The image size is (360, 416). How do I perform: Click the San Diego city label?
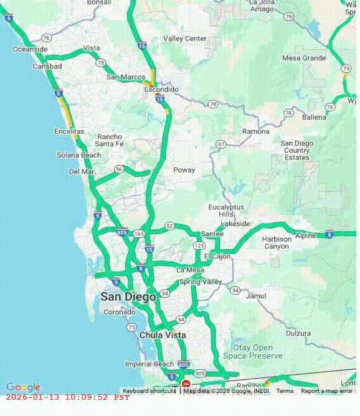click(x=128, y=297)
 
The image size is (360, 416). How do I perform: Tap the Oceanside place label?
click(x=30, y=49)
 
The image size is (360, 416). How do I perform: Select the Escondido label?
click(x=161, y=90)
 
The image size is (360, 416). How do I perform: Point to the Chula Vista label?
click(x=163, y=335)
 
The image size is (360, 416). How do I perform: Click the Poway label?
click(x=184, y=170)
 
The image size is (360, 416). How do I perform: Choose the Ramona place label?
click(x=256, y=132)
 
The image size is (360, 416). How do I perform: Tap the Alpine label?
click(x=306, y=235)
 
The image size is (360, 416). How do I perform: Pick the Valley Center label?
click(x=185, y=39)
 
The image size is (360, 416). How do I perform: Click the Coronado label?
click(x=119, y=312)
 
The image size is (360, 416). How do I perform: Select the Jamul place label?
click(x=256, y=296)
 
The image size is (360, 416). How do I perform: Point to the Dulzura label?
click(x=298, y=333)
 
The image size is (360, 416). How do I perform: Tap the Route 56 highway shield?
click(x=118, y=169)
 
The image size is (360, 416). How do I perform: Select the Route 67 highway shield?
click(x=220, y=144)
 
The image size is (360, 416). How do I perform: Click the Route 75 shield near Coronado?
click(x=131, y=327)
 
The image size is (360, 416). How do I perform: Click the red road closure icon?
click(x=186, y=384)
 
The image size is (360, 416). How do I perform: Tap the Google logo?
click(x=23, y=387)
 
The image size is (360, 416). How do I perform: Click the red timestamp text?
click(x=68, y=397)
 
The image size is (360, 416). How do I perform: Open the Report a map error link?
click(x=326, y=391)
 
